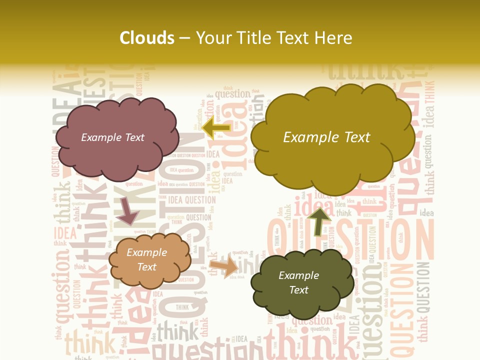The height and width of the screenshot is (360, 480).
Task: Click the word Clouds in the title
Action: tap(146, 38)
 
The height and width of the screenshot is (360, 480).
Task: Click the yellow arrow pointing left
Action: tap(216, 127)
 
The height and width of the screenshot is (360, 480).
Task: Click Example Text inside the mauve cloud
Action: tap(112, 137)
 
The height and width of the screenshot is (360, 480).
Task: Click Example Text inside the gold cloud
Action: tap(326, 137)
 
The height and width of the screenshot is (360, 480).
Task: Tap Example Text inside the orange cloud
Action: tap(146, 259)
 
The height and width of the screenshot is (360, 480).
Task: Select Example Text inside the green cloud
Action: tap(298, 282)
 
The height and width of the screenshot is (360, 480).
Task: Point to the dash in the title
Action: tap(184, 38)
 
